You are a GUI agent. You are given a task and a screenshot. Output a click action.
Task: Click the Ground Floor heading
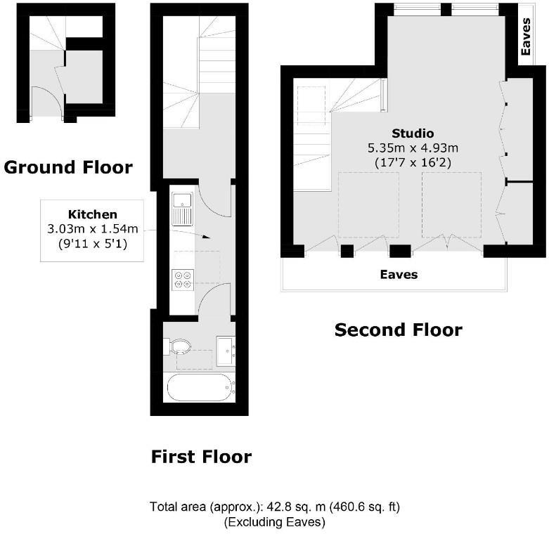(x=67, y=167)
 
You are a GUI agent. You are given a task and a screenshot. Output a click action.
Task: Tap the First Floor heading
(x=201, y=457)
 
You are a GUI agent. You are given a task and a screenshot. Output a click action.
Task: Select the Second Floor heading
(x=398, y=330)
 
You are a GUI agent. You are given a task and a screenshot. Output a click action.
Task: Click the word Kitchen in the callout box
(x=92, y=214)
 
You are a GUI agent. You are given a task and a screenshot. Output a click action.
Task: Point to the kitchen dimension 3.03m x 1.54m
(x=92, y=230)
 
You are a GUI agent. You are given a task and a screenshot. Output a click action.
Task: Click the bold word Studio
(x=413, y=133)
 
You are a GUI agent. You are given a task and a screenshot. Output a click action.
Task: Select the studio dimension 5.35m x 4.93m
(x=413, y=148)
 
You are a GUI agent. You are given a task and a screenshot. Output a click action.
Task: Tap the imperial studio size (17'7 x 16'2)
(x=413, y=162)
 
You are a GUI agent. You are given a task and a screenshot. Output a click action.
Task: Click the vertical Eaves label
(x=526, y=37)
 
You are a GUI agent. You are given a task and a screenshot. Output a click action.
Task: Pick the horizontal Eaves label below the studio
(x=399, y=275)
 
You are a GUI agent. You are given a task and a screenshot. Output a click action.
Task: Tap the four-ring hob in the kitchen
(x=183, y=279)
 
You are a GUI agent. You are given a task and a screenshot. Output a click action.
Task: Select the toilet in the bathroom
(x=179, y=346)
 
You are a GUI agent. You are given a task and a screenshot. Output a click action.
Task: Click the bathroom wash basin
(x=226, y=349)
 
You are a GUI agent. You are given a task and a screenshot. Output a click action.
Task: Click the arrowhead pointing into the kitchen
(x=206, y=237)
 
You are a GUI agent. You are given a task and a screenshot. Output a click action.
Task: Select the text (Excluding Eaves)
(x=274, y=522)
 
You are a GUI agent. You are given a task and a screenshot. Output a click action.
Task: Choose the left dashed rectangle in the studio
(x=369, y=204)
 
